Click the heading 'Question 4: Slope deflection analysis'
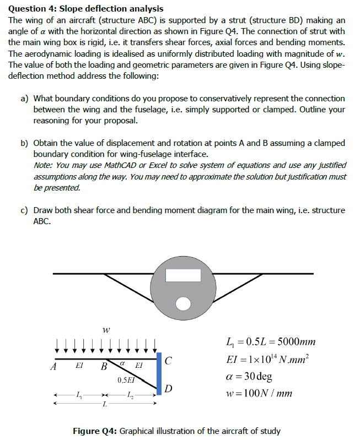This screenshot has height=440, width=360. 86,9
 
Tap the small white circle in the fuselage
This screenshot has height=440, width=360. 182,302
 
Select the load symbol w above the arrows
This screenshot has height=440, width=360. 105,330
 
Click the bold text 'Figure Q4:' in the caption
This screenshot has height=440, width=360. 95,431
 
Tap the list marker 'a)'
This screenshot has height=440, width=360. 25,99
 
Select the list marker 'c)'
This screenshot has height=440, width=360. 25,210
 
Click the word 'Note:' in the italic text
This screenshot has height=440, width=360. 43,165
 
